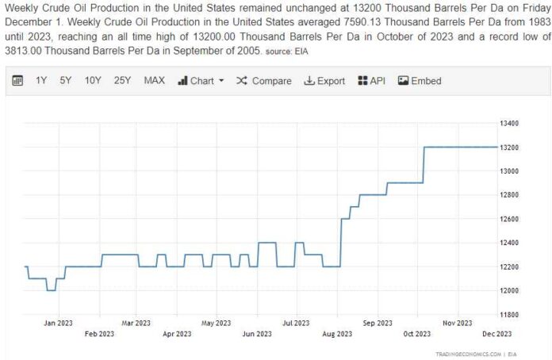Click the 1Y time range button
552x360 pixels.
point(41,81)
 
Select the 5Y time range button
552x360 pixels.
point(66,81)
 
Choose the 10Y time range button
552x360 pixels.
point(93,81)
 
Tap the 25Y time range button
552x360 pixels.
point(122,81)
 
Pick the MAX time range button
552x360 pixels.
point(154,81)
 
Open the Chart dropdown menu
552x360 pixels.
point(201,81)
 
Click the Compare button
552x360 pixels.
point(264,81)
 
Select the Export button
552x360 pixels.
point(325,81)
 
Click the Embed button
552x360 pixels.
point(420,81)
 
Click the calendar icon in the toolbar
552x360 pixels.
point(17,81)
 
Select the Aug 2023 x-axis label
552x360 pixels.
point(338,334)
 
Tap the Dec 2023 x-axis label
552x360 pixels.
point(498,334)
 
